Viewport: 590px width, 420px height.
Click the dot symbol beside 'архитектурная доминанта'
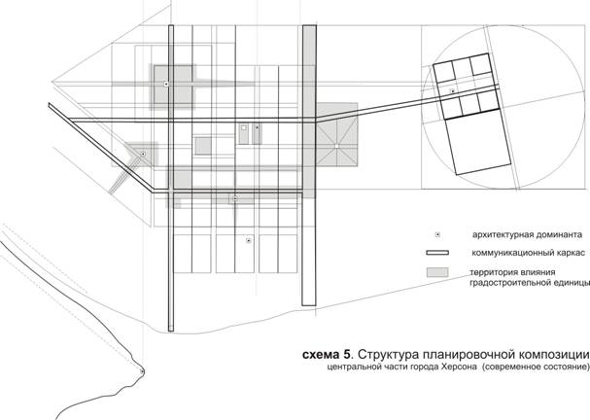click(437, 235)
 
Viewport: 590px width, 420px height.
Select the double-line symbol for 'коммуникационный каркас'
click(437, 253)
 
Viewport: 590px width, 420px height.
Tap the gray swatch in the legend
click(437, 272)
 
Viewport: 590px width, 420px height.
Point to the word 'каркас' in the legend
click(573, 253)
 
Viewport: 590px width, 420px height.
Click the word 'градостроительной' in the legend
click(503, 283)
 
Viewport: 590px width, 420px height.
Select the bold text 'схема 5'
click(327, 355)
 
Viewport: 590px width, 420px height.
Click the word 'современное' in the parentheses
click(519, 367)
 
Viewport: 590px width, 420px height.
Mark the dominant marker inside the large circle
click(453, 91)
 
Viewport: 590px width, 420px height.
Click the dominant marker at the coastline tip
click(142, 371)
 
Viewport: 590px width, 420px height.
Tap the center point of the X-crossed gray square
click(336, 145)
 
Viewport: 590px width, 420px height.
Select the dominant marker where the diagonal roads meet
click(143, 154)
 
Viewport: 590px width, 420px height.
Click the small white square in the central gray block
click(243, 127)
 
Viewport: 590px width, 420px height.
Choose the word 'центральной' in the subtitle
click(351, 367)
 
